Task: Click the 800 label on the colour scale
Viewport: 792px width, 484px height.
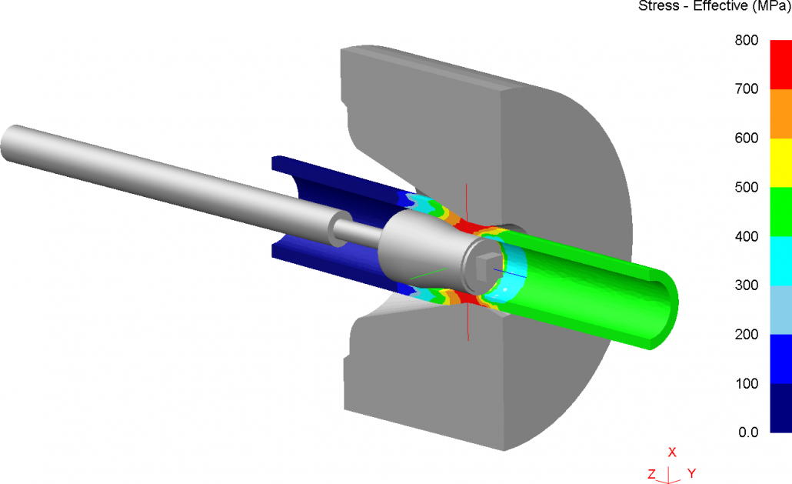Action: click(747, 40)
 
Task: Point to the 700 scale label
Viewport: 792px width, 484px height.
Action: click(747, 89)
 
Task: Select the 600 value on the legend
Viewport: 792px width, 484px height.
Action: click(747, 138)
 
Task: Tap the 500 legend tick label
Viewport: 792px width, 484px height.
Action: click(747, 187)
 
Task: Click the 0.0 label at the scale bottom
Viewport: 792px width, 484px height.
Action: click(749, 432)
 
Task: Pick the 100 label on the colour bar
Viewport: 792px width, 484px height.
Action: click(747, 383)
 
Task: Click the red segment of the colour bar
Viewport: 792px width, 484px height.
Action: click(781, 65)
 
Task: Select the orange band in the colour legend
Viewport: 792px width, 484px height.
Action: click(781, 114)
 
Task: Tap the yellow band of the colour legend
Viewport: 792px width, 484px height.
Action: click(781, 162)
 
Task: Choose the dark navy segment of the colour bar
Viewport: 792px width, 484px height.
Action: click(781, 408)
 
